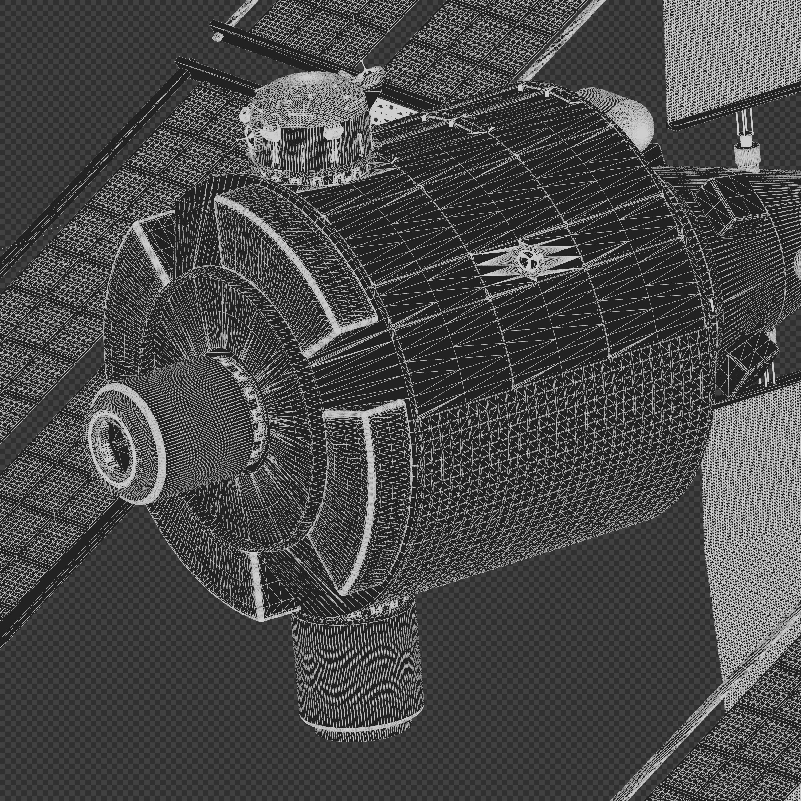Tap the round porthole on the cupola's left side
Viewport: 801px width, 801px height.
250,134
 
